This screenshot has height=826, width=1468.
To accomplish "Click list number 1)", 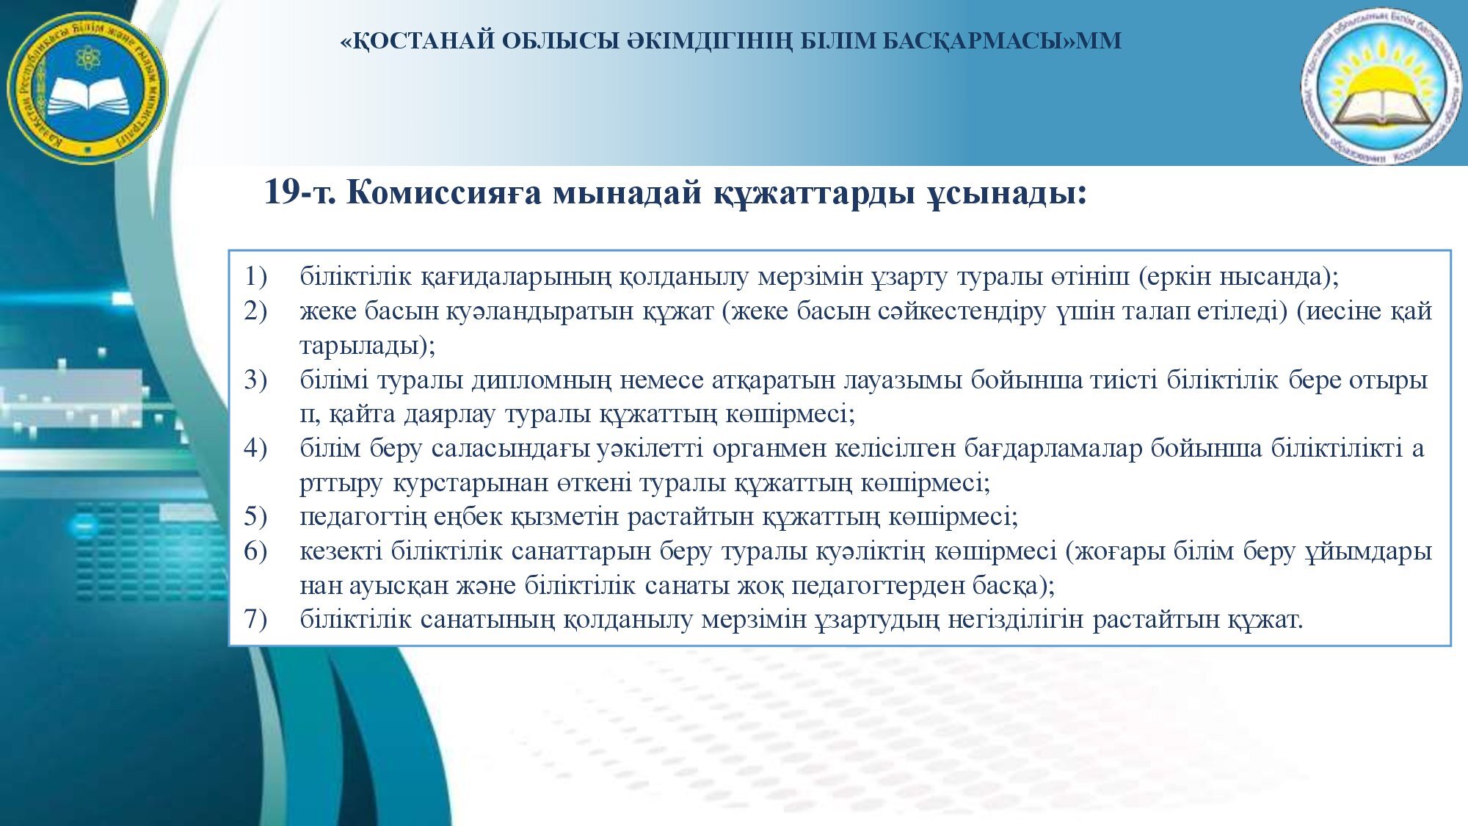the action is click(x=256, y=277).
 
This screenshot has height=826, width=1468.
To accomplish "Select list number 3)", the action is click(x=256, y=380).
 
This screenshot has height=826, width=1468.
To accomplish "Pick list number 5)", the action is click(x=256, y=517).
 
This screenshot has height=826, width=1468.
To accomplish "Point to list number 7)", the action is click(x=256, y=620).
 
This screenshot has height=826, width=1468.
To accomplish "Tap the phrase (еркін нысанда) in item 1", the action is click(x=1237, y=278).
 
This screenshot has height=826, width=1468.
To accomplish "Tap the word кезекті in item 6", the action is click(x=341, y=551).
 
